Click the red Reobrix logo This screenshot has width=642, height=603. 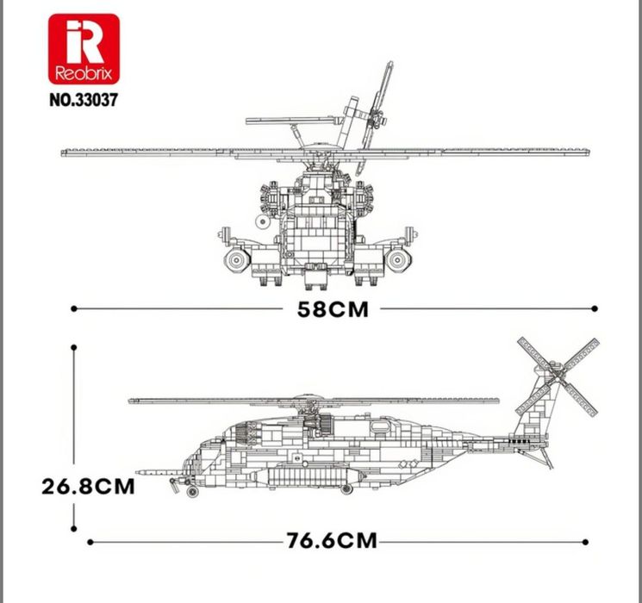pyautogui.click(x=84, y=49)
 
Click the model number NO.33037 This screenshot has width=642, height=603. pyautogui.click(x=84, y=100)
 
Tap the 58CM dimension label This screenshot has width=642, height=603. pyautogui.click(x=333, y=309)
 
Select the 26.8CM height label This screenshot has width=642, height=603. pyautogui.click(x=88, y=487)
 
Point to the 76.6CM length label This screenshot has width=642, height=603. pyautogui.click(x=331, y=540)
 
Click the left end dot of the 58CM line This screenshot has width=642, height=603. pyautogui.click(x=74, y=308)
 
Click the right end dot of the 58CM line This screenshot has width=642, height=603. pyautogui.click(x=595, y=308)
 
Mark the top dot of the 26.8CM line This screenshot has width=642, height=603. pyautogui.click(x=74, y=347)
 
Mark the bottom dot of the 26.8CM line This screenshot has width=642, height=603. pyautogui.click(x=74, y=529)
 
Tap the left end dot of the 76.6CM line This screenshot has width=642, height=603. pyautogui.click(x=90, y=542)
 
